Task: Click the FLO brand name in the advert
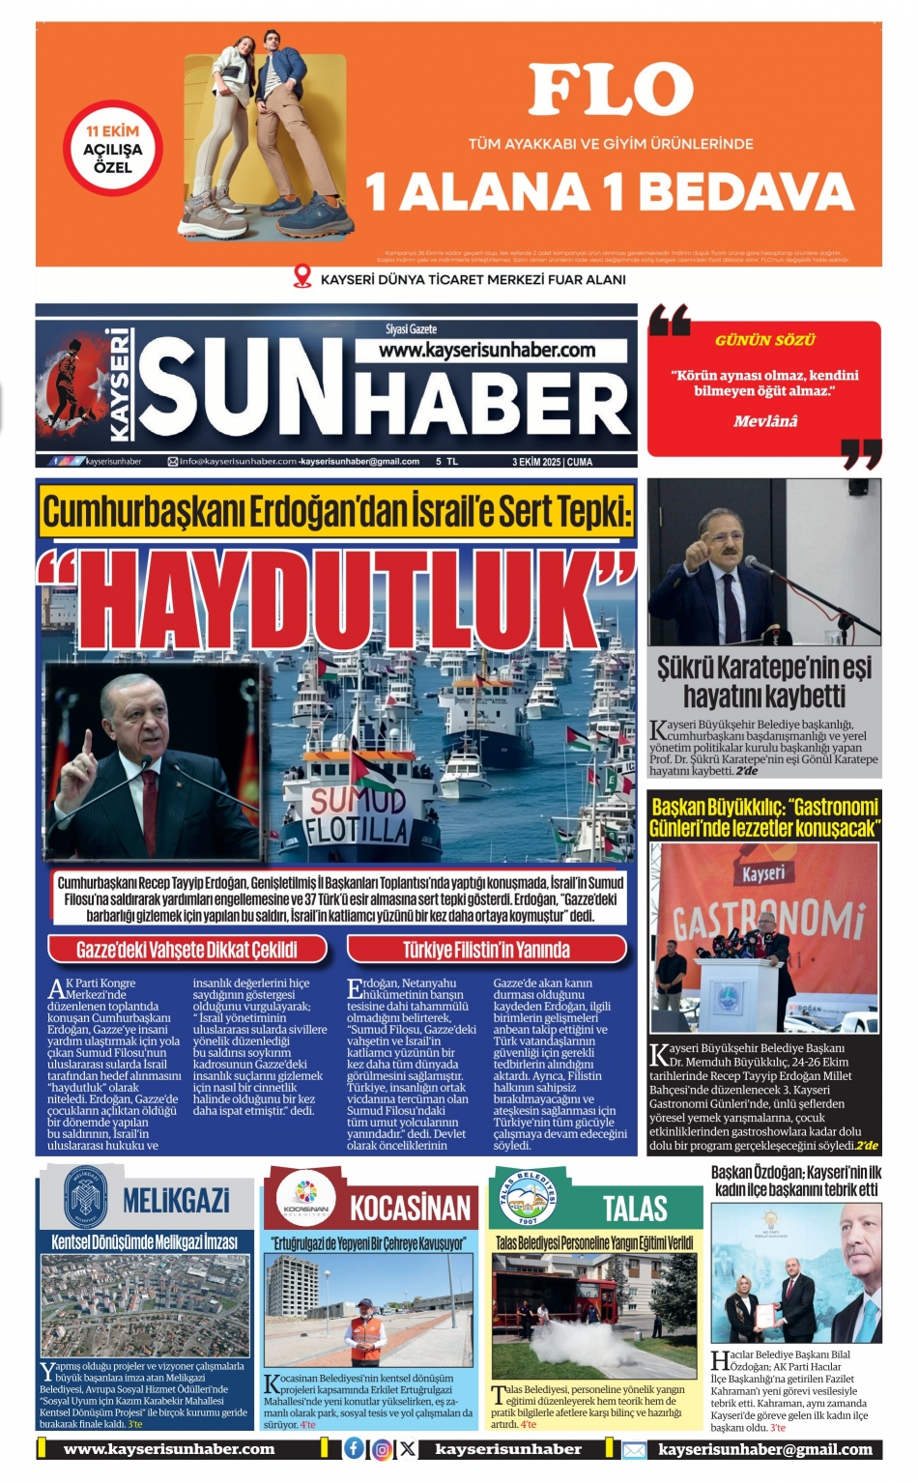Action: tap(611, 90)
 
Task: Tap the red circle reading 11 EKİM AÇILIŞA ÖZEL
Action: tap(113, 149)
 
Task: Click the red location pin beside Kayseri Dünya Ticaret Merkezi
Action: tap(302, 278)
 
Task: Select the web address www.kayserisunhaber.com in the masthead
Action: tap(487, 350)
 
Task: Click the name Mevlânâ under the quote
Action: tap(765, 421)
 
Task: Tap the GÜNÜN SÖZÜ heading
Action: tap(765, 340)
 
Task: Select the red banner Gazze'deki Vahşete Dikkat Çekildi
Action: tap(187, 950)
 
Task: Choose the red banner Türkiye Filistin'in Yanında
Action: tap(486, 950)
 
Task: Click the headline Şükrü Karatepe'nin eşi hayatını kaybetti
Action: tap(764, 681)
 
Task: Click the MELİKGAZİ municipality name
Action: tap(176, 1201)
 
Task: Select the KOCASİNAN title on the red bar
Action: tap(410, 1208)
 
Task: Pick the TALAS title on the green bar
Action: tap(635, 1208)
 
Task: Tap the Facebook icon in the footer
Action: tap(355, 1448)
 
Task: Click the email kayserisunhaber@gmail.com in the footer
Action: tap(765, 1449)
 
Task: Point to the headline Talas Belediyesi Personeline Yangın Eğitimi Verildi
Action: tap(594, 1242)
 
